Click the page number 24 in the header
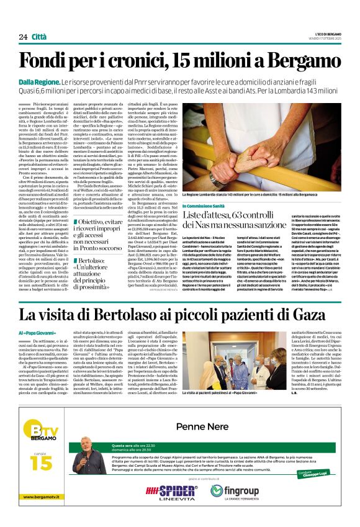click(23, 37)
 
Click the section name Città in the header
click(40, 37)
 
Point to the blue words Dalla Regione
click(39, 81)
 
